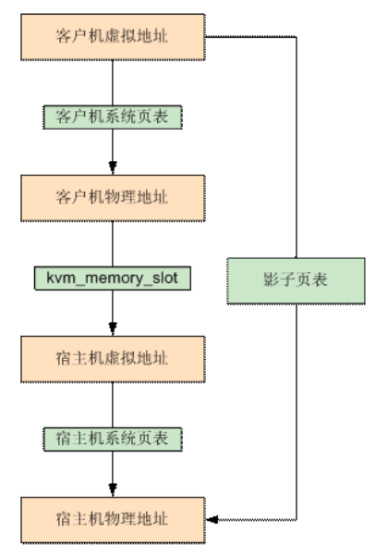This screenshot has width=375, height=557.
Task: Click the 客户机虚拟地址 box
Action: click(x=112, y=36)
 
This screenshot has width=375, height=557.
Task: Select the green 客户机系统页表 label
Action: click(x=112, y=117)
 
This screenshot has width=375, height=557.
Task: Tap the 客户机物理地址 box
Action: click(x=112, y=196)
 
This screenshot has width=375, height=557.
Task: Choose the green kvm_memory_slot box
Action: click(x=112, y=277)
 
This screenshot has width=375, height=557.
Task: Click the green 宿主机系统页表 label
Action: click(x=112, y=437)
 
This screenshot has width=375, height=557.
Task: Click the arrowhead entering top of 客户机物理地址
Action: click(x=112, y=168)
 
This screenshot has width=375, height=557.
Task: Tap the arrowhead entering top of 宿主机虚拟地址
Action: click(x=112, y=328)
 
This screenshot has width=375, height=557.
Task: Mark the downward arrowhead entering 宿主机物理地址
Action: click(x=112, y=489)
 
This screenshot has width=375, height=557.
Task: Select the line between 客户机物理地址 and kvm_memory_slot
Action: click(x=112, y=241)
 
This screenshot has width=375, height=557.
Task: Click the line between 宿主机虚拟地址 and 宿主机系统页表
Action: click(x=112, y=402)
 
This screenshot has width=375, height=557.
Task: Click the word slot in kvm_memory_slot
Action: click(x=169, y=277)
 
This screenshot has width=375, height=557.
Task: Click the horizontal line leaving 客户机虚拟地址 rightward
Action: click(x=249, y=36)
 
